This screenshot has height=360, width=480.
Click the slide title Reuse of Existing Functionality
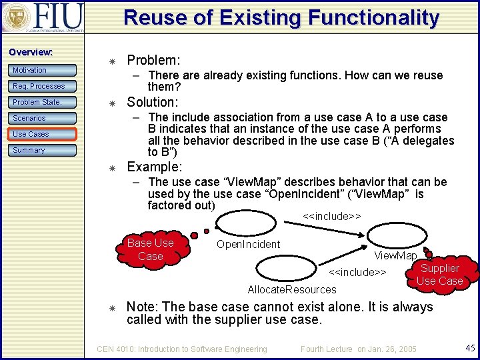click(281, 17)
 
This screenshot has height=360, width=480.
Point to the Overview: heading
click(31, 52)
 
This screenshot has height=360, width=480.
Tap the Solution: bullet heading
click(152, 102)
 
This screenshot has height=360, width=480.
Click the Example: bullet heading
click(154, 167)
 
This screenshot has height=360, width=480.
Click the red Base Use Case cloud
click(150, 249)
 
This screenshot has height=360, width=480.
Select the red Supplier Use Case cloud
click(439, 274)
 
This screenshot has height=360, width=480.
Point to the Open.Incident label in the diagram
click(248, 244)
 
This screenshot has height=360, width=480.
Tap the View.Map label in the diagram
click(395, 256)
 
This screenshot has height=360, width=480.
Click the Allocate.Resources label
click(292, 289)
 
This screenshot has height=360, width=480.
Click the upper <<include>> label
click(331, 216)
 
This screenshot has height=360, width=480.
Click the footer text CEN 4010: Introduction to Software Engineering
click(182, 349)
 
